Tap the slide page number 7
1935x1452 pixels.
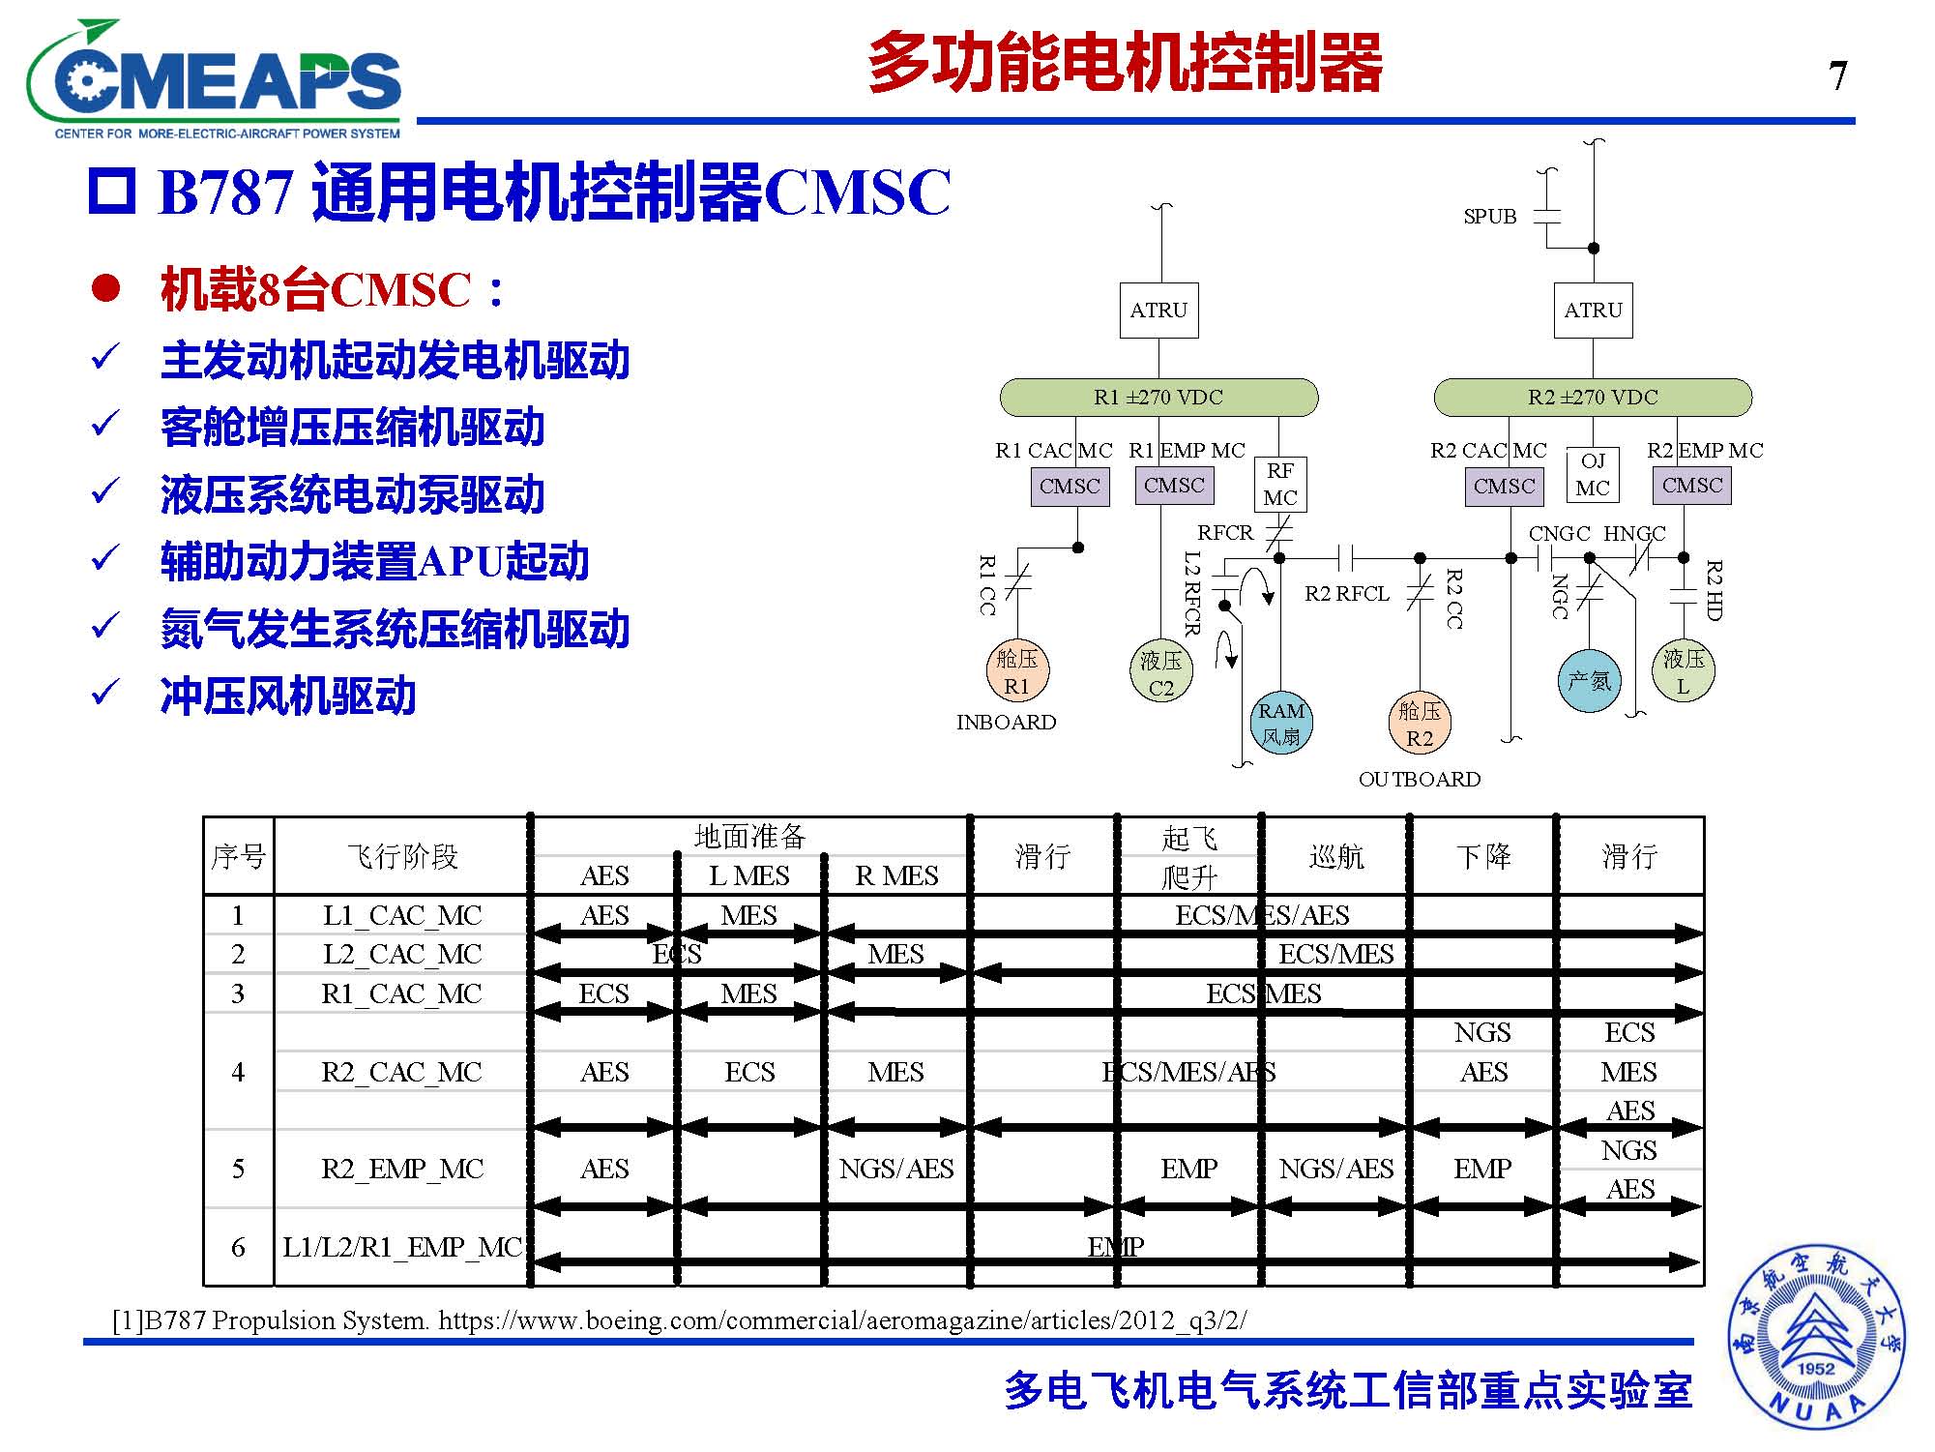click(x=1837, y=76)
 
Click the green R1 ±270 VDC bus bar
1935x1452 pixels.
click(x=1158, y=398)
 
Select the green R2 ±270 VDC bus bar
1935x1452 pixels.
click(x=1593, y=398)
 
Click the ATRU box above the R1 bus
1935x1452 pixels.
click(x=1158, y=311)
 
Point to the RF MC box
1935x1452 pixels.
click(x=1280, y=485)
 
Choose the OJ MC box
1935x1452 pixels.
click(x=1592, y=475)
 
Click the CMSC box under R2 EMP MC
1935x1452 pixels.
click(x=1692, y=486)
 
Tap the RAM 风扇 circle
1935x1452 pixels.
click(x=1281, y=724)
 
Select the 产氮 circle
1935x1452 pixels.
click(x=1590, y=681)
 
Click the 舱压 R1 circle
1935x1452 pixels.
click(x=1017, y=672)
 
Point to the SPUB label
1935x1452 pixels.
click(x=1490, y=217)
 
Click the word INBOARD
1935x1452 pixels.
click(x=1006, y=723)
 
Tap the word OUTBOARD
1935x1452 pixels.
click(x=1420, y=780)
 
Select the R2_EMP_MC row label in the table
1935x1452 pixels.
click(x=402, y=1169)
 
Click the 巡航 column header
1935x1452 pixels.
click(x=1336, y=856)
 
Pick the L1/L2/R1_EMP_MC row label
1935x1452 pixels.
click(x=402, y=1247)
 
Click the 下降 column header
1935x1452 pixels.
click(x=1483, y=856)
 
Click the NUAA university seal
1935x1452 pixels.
click(x=1816, y=1336)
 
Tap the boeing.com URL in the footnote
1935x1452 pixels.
click(x=842, y=1319)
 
